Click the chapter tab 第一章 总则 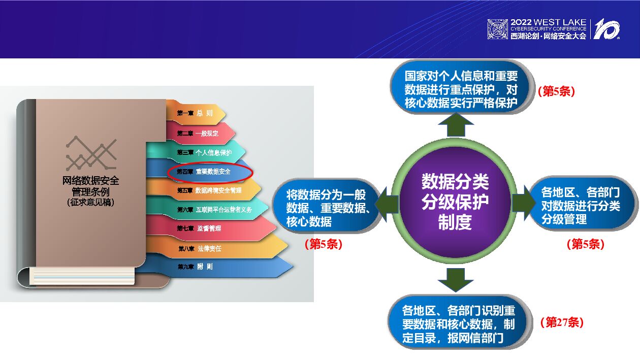pos(195,113)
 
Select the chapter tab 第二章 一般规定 pos(199,133)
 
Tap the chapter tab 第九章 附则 pos(196,267)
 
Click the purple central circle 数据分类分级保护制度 pos(455,201)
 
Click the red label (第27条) pos(561,322)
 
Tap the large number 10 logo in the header pos(606,29)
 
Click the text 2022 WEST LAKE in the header pos(548,23)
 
